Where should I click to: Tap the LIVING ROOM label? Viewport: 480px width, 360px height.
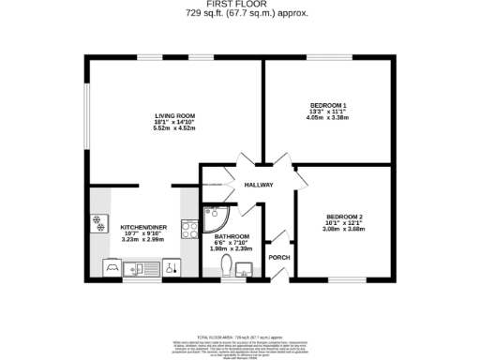click(174, 115)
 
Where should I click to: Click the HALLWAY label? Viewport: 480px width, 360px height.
click(259, 185)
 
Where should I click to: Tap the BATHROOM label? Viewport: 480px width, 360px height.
click(232, 235)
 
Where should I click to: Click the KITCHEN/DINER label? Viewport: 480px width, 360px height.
click(143, 227)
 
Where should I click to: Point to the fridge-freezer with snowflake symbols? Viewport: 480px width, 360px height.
click(97, 223)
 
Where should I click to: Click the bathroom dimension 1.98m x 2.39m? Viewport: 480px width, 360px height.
click(232, 247)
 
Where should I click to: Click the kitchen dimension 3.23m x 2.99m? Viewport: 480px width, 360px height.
click(143, 239)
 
